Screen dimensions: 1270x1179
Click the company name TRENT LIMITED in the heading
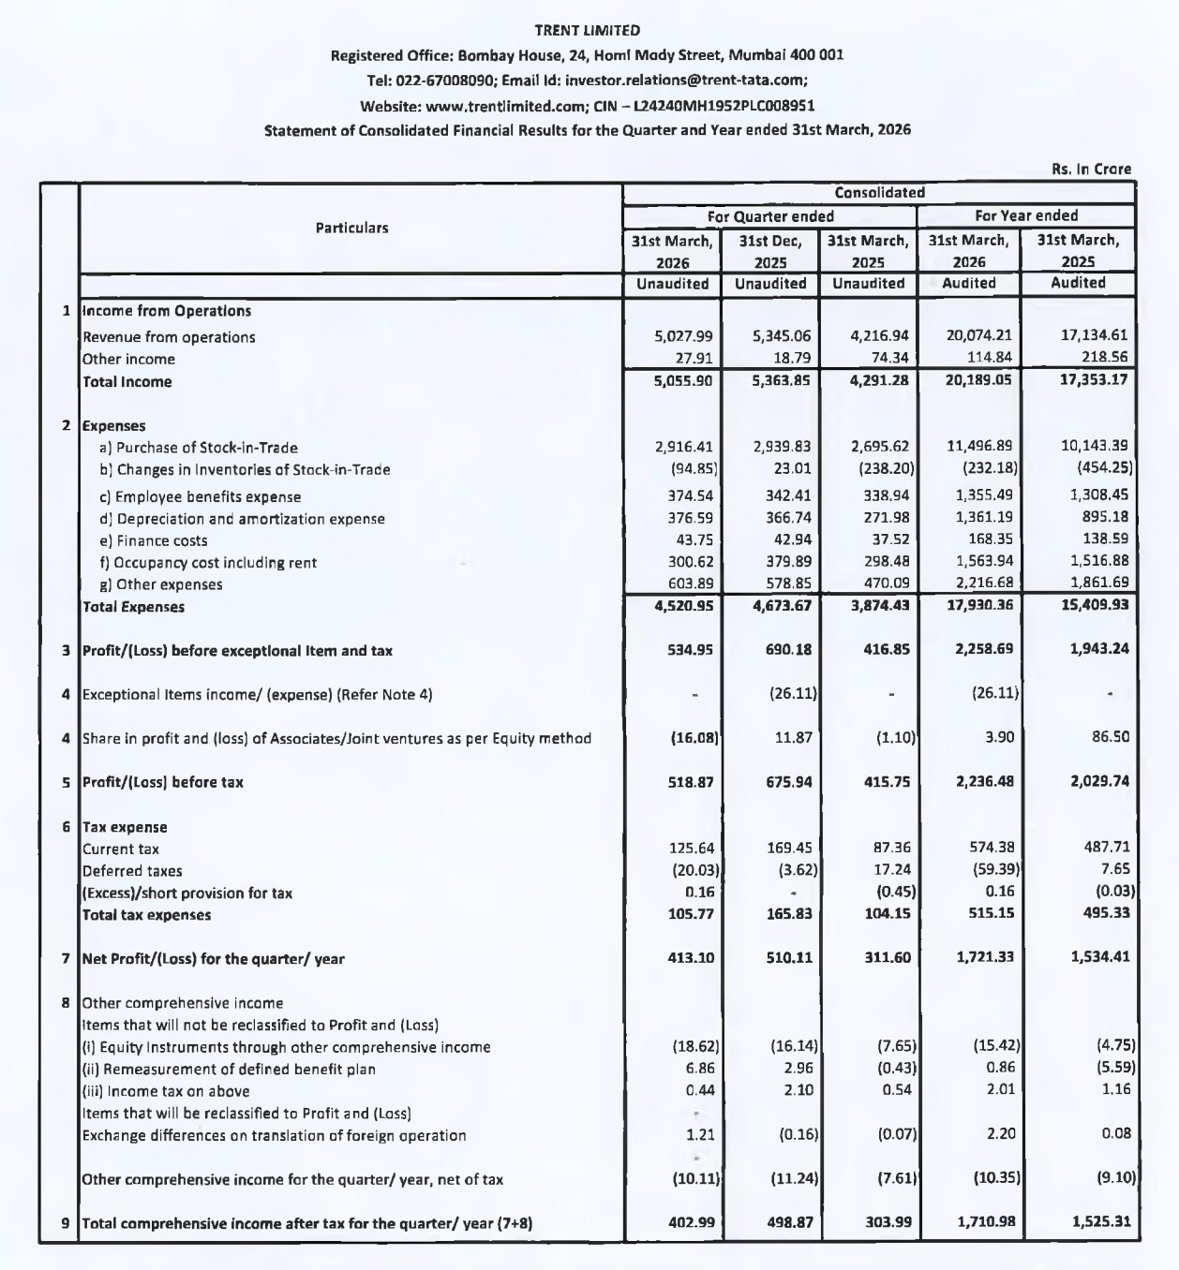588,31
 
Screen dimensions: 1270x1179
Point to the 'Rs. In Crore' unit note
1091,170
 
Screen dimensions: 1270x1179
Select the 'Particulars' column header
351,228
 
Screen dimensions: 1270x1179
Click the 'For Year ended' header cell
1026,215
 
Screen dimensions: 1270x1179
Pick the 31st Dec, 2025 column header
770,251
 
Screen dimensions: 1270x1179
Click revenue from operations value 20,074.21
981,336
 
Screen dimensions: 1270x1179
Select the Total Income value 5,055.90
683,381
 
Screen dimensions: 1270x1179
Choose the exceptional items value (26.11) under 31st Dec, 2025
792,694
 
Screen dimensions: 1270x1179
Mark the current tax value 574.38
992,848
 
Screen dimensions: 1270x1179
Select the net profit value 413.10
691,958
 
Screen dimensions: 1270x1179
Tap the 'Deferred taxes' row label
132,871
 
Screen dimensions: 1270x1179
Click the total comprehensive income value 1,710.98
984,1222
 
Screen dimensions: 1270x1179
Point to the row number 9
66,1222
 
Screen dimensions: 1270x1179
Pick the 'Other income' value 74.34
888,359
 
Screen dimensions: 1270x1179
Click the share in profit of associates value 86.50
1111,737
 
